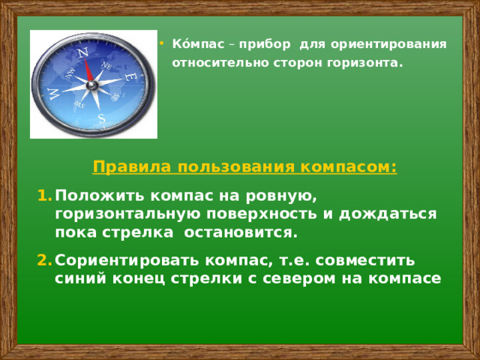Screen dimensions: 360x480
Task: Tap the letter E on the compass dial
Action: (130, 76)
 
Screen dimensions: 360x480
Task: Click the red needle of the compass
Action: (89, 71)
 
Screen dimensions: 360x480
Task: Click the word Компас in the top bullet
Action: (191, 44)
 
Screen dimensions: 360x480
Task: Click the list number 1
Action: (43, 196)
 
